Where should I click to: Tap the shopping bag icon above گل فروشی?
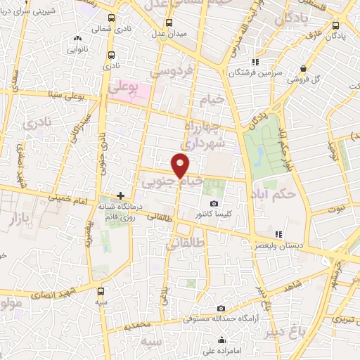click(x=303, y=68)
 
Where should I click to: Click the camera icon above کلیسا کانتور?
click(x=214, y=202)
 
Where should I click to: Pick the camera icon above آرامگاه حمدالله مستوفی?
click(x=221, y=308)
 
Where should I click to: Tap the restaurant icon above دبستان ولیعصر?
click(x=278, y=234)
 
